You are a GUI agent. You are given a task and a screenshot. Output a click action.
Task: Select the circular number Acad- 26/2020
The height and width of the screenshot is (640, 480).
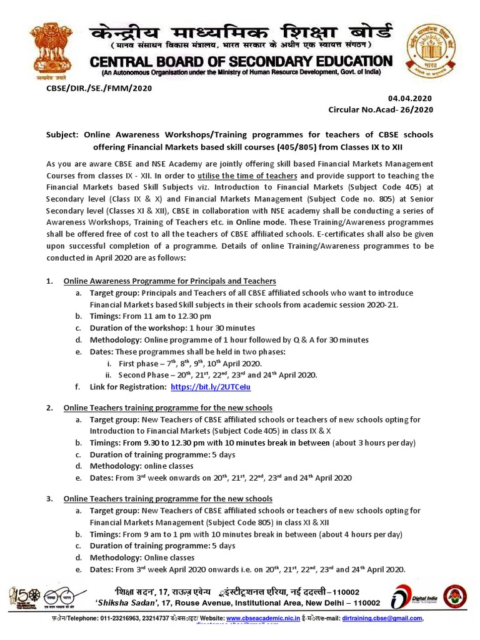pos(380,110)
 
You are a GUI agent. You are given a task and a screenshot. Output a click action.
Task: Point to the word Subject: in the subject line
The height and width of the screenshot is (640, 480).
pos(67,135)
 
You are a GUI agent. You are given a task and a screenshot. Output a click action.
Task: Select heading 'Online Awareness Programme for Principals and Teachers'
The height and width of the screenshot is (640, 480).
pos(170,281)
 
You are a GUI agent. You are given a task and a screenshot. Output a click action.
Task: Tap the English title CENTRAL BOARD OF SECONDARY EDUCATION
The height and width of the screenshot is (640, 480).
pos(242,61)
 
